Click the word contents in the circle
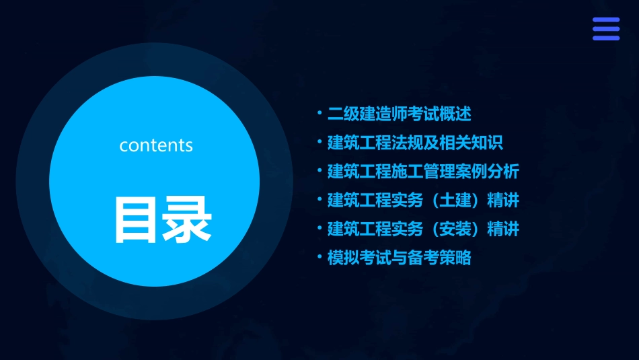pyautogui.click(x=156, y=145)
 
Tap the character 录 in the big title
pyautogui.click(x=186, y=219)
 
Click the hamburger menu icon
pyautogui.click(x=605, y=29)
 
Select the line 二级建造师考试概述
pyautogui.click(x=399, y=114)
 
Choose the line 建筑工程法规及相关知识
pyautogui.click(x=414, y=143)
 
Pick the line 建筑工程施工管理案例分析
pyautogui.click(x=422, y=172)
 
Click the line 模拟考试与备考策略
pyautogui.click(x=399, y=258)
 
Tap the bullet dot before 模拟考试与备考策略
pyautogui.click(x=319, y=257)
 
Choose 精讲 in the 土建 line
pyautogui.click(x=503, y=201)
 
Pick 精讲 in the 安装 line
pyautogui.click(x=503, y=229)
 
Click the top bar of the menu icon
pyautogui.click(x=605, y=20)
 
